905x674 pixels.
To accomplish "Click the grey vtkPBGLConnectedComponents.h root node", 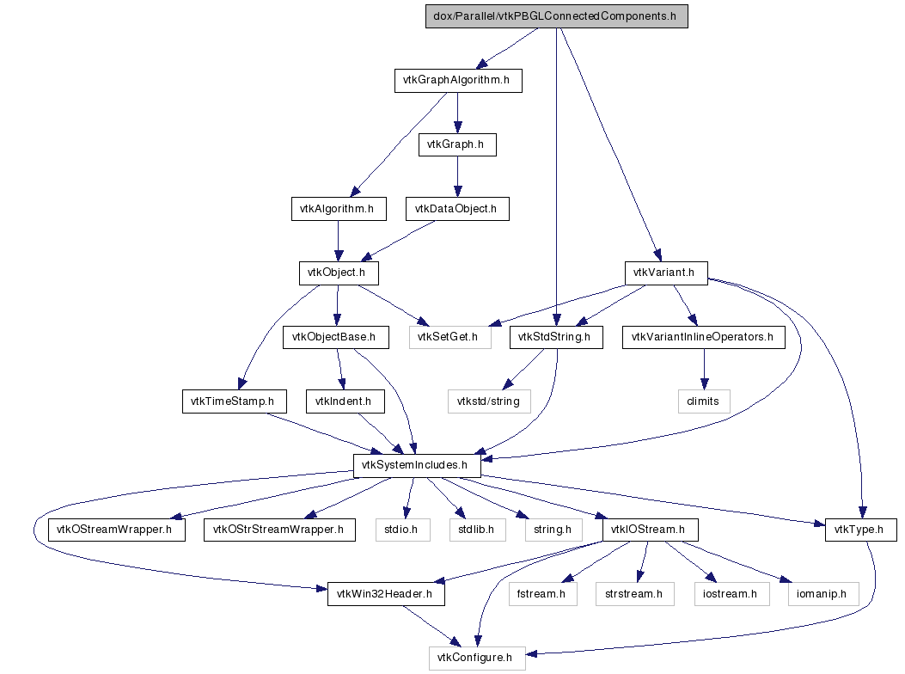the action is [556, 16].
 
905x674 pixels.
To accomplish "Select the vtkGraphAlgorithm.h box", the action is [458, 80].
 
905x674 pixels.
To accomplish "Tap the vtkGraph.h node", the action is [457, 144].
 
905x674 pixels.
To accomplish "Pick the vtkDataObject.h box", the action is [457, 209].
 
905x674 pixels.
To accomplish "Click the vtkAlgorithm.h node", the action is [339, 209].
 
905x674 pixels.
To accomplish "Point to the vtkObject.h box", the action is [339, 273].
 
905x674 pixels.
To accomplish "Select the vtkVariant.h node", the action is [666, 273].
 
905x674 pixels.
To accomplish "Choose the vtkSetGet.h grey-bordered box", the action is [450, 337].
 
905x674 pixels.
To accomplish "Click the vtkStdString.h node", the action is [556, 337].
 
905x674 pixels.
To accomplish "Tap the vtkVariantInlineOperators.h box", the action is [704, 337].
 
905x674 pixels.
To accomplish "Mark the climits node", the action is [704, 401].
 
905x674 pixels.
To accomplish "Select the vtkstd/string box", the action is [489, 401].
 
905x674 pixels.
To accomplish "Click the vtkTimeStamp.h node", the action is [235, 401].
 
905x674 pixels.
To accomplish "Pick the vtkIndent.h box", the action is [345, 401].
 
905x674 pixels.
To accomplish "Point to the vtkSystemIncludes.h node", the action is [417, 465].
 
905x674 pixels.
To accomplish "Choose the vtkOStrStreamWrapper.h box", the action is [279, 530].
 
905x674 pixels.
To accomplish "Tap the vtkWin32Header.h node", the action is [386, 594].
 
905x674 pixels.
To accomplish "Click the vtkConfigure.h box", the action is [477, 659].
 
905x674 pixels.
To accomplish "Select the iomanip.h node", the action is [823, 594].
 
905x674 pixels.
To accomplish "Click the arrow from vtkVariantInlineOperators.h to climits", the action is [704, 370].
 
